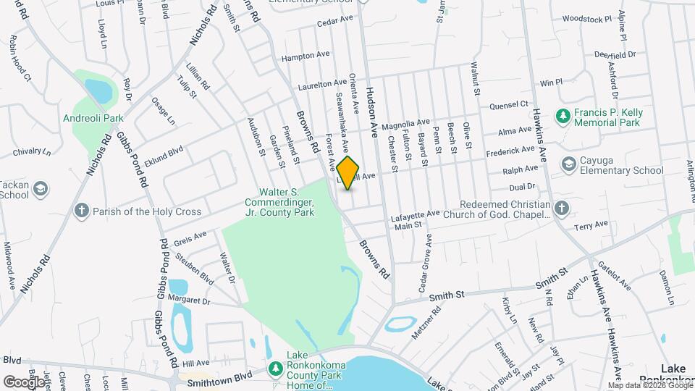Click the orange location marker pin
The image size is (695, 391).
(x=348, y=172)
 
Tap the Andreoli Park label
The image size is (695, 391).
(x=104, y=118)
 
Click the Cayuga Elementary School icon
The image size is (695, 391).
(x=569, y=164)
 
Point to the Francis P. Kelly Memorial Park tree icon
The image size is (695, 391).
(x=563, y=116)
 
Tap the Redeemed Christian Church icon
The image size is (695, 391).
(x=563, y=209)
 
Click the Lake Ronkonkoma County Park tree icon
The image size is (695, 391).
(x=275, y=369)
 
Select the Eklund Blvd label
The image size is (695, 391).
(x=164, y=154)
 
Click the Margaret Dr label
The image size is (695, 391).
(x=188, y=300)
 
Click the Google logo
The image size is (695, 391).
(x=25, y=382)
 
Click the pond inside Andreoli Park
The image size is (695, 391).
(x=98, y=91)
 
